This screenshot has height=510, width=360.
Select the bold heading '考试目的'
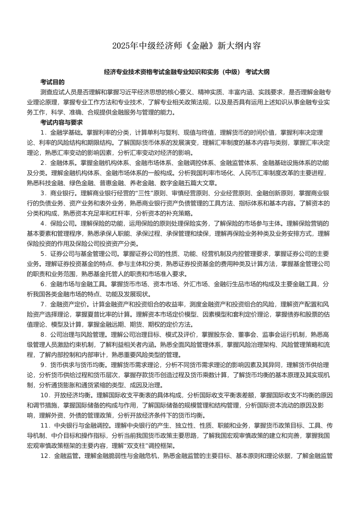point(52,82)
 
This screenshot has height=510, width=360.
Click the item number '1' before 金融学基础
point(43,132)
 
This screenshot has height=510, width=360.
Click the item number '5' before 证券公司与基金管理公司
point(43,253)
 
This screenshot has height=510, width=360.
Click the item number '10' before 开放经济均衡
point(45,395)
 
